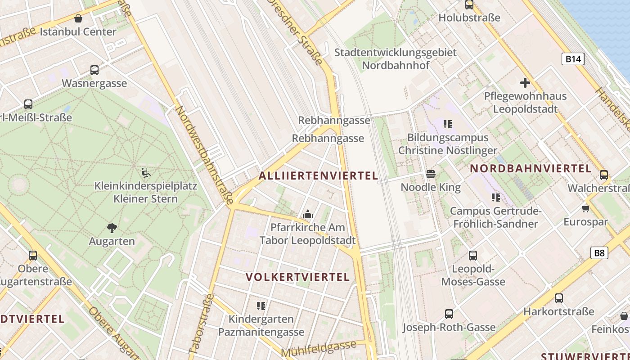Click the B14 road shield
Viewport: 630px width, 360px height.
[573, 59]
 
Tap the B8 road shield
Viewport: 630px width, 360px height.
[599, 252]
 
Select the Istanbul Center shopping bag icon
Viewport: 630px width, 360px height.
[78, 19]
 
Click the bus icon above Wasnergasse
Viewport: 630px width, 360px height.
[94, 70]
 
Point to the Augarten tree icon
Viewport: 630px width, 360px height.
[112, 228]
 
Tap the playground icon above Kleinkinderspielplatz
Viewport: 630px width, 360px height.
[146, 172]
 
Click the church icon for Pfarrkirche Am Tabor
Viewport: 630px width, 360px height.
[308, 214]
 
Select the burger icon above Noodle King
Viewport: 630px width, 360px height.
[431, 174]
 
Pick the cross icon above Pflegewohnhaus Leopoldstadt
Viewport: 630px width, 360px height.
[525, 83]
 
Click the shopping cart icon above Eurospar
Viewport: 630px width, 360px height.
[586, 208]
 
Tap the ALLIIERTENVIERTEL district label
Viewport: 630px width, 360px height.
[319, 176]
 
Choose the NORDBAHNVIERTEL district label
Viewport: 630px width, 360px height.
[531, 169]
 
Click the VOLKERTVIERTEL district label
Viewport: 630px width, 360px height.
[298, 277]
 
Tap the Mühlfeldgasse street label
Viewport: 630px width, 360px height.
[319, 348]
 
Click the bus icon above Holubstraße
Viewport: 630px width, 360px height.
[469, 5]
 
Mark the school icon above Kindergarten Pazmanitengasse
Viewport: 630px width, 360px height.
[261, 306]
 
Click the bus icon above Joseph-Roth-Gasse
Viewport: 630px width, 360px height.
[449, 314]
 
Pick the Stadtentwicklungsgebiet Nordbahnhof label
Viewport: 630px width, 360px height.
[396, 59]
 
